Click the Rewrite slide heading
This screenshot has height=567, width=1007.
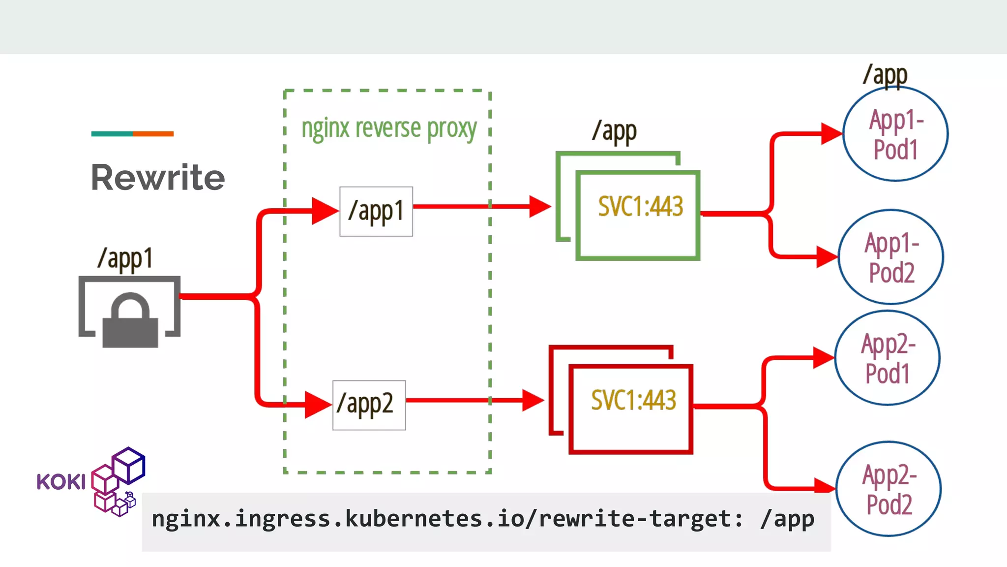coord(158,177)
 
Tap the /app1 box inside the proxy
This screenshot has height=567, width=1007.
coord(376,211)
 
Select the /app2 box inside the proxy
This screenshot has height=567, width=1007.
coord(369,405)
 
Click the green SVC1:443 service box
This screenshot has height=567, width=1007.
coord(638,215)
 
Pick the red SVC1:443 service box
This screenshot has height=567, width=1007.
coord(631,409)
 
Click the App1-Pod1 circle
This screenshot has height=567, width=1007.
coord(895,134)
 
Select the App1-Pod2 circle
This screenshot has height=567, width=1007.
coord(890,257)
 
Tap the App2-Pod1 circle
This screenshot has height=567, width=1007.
coord(887,358)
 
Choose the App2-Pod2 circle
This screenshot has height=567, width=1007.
coord(889,489)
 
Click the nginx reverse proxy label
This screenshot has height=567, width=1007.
coord(389,128)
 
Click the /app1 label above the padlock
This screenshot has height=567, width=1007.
coord(125,258)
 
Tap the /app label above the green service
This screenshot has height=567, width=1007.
coord(614,131)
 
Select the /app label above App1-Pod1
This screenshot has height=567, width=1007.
coord(885,75)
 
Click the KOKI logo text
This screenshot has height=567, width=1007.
coord(61,482)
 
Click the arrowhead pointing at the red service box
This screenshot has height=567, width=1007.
coord(532,400)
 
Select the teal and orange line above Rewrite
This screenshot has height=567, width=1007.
coord(132,134)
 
